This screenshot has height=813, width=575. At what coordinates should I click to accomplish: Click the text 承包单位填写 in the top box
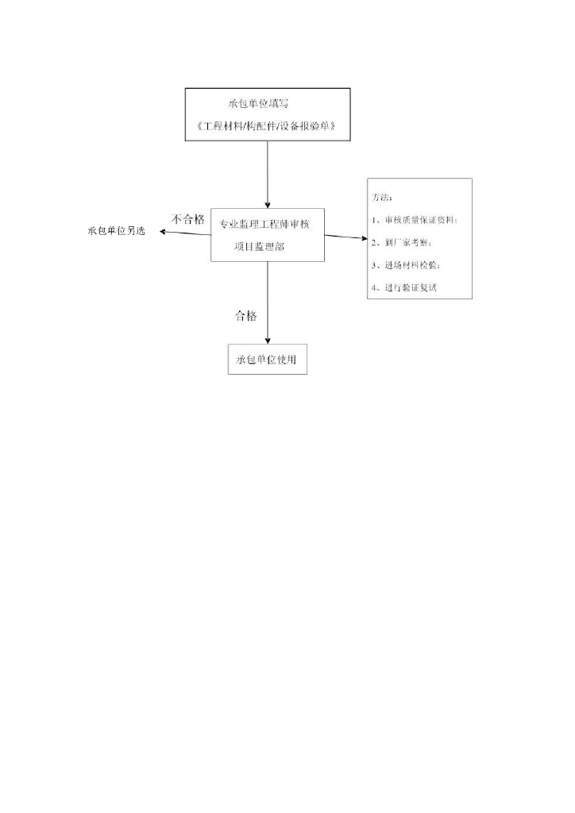[263, 104]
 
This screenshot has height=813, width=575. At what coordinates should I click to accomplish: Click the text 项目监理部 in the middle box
[260, 248]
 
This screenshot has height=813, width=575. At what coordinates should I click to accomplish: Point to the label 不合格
[187, 219]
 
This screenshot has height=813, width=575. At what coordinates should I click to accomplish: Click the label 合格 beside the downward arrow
[246, 316]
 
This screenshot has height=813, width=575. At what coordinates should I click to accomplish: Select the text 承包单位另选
[116, 231]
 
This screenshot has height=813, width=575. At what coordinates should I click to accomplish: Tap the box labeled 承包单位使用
[267, 360]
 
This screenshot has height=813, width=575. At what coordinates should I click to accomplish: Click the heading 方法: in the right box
[382, 196]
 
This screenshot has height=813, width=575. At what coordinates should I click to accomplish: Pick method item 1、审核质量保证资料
[414, 219]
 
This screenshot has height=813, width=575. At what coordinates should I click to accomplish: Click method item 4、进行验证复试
[404, 288]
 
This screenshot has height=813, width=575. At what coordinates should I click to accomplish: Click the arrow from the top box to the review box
[268, 175]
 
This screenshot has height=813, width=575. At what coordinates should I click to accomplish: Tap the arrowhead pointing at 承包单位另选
[161, 232]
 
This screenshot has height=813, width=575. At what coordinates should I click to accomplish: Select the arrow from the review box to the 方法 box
[345, 237]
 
